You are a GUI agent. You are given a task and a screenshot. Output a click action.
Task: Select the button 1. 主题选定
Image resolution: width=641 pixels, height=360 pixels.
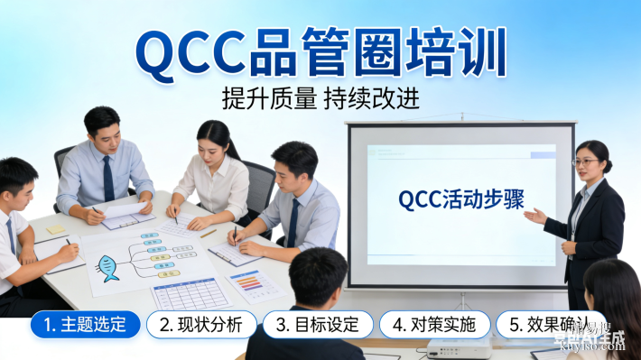tap(86, 325)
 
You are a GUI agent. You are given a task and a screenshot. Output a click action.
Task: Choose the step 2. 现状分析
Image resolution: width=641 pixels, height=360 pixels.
tap(200, 325)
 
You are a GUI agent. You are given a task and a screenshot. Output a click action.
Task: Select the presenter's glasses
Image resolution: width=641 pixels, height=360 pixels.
tap(586, 162)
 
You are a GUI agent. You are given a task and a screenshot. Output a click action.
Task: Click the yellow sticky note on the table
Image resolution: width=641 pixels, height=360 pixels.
tap(57, 230)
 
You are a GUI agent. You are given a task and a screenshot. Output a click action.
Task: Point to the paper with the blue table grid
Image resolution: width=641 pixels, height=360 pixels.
tap(191, 292)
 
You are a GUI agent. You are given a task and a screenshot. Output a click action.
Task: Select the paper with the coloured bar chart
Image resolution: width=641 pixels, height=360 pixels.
tap(256, 285)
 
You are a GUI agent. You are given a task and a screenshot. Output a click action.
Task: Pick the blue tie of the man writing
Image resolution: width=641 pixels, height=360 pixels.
tap(293, 221)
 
